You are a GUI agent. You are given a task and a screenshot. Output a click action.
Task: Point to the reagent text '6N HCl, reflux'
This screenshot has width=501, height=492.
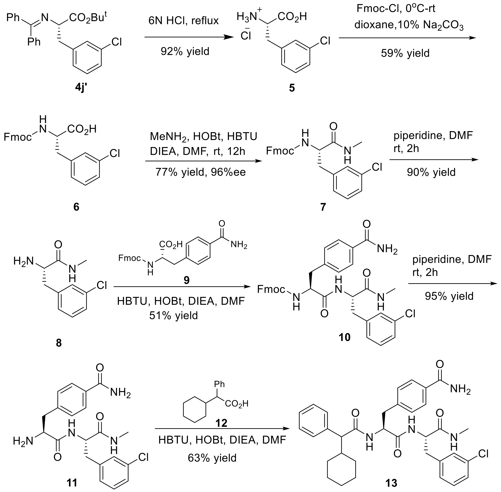click(183, 21)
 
